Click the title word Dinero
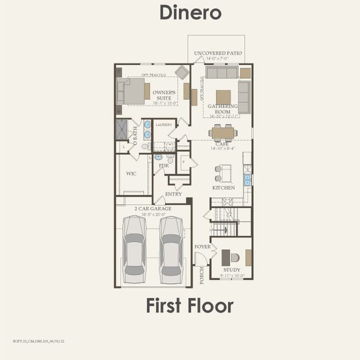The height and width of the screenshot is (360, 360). click(x=190, y=13)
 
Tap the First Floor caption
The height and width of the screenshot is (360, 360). click(x=190, y=305)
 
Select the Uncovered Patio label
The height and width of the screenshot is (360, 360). click(x=218, y=53)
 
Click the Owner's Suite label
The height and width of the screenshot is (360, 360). click(x=160, y=95)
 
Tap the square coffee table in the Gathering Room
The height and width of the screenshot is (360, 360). click(x=223, y=97)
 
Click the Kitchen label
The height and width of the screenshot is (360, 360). click(x=223, y=188)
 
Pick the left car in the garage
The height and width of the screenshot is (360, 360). click(x=134, y=249)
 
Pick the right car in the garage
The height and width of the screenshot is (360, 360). click(x=171, y=249)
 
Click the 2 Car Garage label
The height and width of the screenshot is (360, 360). click(x=153, y=209)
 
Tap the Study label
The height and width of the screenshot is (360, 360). click(x=232, y=270)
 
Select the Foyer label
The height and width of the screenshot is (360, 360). click(x=202, y=247)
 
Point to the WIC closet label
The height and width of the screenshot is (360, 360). click(x=131, y=173)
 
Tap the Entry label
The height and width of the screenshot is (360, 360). click(x=173, y=194)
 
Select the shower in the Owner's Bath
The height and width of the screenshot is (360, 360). click(x=122, y=129)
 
